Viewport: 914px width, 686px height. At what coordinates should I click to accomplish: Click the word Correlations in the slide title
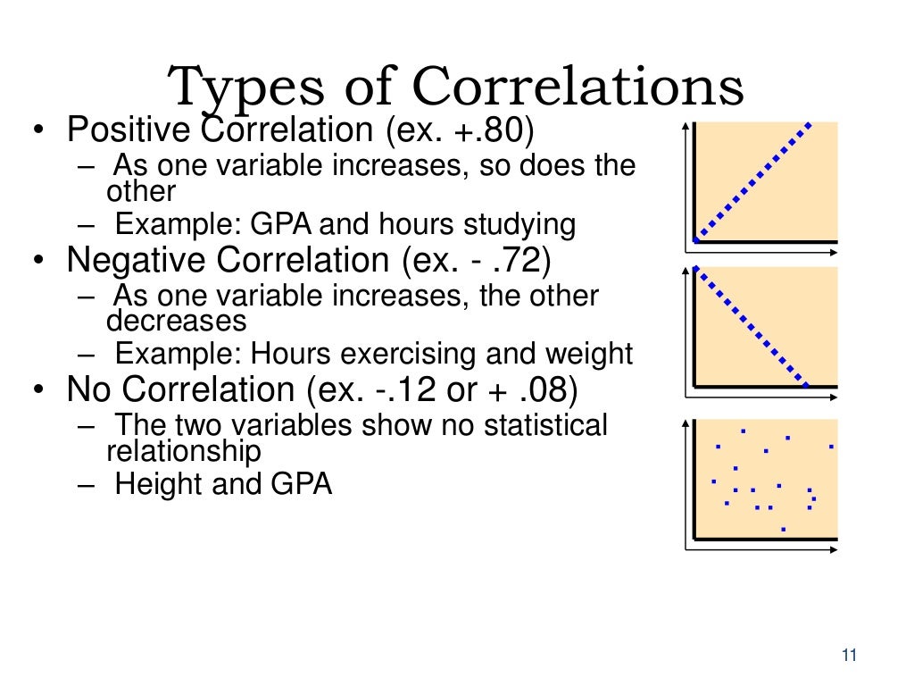[x=577, y=88]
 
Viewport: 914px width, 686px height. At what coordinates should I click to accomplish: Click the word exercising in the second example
[x=389, y=354]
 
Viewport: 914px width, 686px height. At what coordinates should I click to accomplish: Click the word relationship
[x=184, y=450]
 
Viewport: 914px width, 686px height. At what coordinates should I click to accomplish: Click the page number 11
[x=848, y=657]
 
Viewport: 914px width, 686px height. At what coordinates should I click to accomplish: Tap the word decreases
[x=176, y=320]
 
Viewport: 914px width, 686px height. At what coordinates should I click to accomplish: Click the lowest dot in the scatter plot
[x=783, y=529]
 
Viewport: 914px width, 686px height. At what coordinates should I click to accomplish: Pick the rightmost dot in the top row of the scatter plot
[x=831, y=446]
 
